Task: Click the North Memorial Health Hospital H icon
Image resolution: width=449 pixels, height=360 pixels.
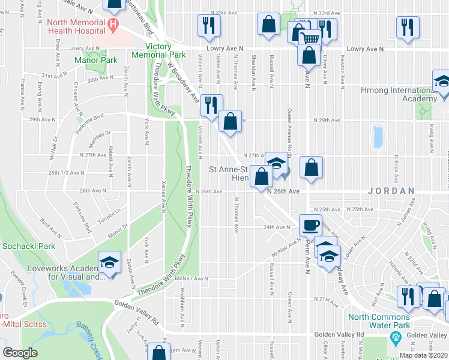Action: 112,26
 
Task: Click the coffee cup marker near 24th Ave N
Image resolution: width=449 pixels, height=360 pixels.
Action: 310,225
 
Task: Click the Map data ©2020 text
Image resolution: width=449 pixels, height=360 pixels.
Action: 423,355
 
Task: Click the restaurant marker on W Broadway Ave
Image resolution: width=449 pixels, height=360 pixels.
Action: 211,105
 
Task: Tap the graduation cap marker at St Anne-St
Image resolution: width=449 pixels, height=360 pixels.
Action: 277,163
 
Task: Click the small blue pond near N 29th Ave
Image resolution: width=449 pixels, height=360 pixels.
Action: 378,136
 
